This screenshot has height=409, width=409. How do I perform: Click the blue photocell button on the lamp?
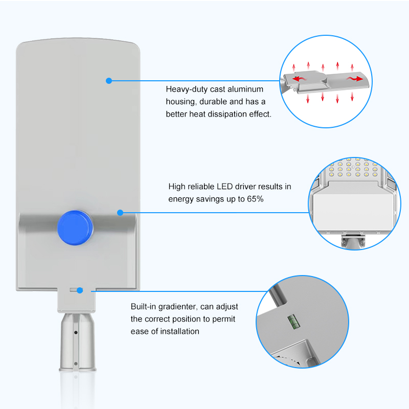[x=75, y=228]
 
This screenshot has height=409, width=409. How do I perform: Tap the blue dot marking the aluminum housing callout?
[x=109, y=81]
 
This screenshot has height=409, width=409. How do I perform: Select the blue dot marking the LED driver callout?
[x=120, y=213]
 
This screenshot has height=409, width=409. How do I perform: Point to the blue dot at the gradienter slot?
[x=80, y=290]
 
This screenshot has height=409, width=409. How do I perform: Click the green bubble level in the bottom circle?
[x=293, y=322]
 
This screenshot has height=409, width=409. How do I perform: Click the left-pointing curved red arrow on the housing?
[x=299, y=79]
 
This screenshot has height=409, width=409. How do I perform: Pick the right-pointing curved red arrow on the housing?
[x=355, y=79]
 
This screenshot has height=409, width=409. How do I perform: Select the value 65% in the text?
[x=255, y=199]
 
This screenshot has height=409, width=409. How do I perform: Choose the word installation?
[x=179, y=331]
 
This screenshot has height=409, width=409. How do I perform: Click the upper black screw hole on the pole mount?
[x=76, y=333]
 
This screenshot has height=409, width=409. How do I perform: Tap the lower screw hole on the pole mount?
[x=76, y=363]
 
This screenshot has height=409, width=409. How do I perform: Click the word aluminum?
[x=245, y=89]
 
